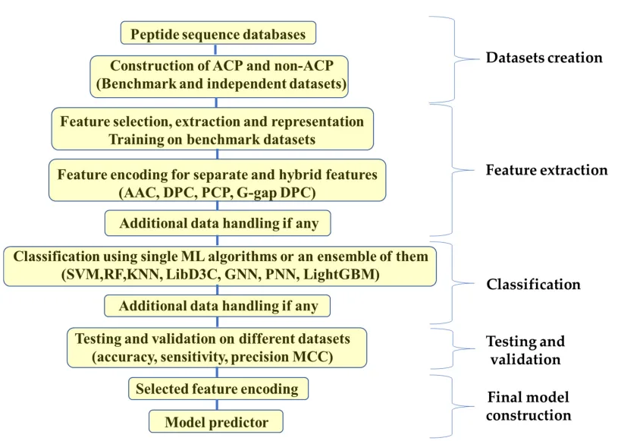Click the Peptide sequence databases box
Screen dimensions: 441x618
217,33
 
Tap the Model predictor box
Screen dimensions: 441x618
217,421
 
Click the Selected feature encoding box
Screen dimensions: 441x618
217,389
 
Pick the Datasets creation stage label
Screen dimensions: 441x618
544,57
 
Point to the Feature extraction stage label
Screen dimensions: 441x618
546,170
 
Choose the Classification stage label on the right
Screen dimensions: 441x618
533,285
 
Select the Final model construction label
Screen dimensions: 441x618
528,406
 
